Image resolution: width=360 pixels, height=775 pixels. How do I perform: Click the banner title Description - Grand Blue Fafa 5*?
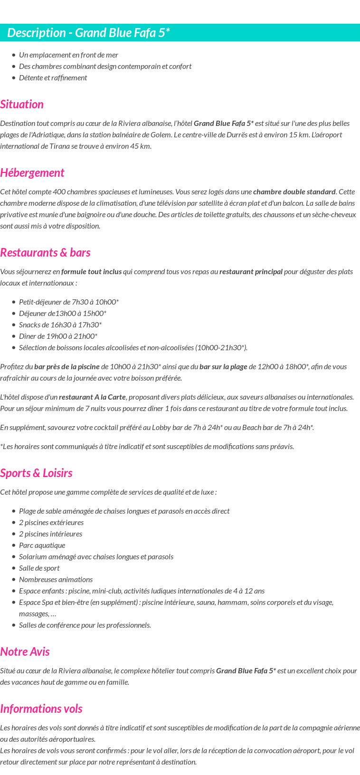(88, 33)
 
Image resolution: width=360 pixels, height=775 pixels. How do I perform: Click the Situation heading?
(22, 105)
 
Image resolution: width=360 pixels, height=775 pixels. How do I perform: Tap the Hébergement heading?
(32, 173)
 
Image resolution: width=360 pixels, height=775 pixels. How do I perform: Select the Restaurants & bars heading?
(45, 253)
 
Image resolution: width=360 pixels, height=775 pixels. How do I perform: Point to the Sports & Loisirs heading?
(36, 473)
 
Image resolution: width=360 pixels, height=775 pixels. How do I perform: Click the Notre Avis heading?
(25, 652)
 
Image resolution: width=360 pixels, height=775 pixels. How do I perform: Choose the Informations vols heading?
(41, 709)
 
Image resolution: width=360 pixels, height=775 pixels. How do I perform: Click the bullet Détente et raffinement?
(53, 78)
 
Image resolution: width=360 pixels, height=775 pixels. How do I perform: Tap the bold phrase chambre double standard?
(294, 192)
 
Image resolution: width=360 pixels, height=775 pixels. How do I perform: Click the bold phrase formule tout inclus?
(91, 272)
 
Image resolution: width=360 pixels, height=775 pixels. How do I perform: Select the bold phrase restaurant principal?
(251, 272)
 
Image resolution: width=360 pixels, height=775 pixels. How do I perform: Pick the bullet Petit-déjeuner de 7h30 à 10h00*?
(69, 302)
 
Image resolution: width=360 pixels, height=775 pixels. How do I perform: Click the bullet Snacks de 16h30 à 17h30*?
(60, 325)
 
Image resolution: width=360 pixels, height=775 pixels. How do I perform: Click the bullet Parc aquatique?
(42, 545)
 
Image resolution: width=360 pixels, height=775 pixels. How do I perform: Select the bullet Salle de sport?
(39, 568)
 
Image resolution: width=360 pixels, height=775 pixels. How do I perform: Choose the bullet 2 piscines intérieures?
(50, 534)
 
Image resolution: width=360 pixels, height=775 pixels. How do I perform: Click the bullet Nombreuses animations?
(56, 580)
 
